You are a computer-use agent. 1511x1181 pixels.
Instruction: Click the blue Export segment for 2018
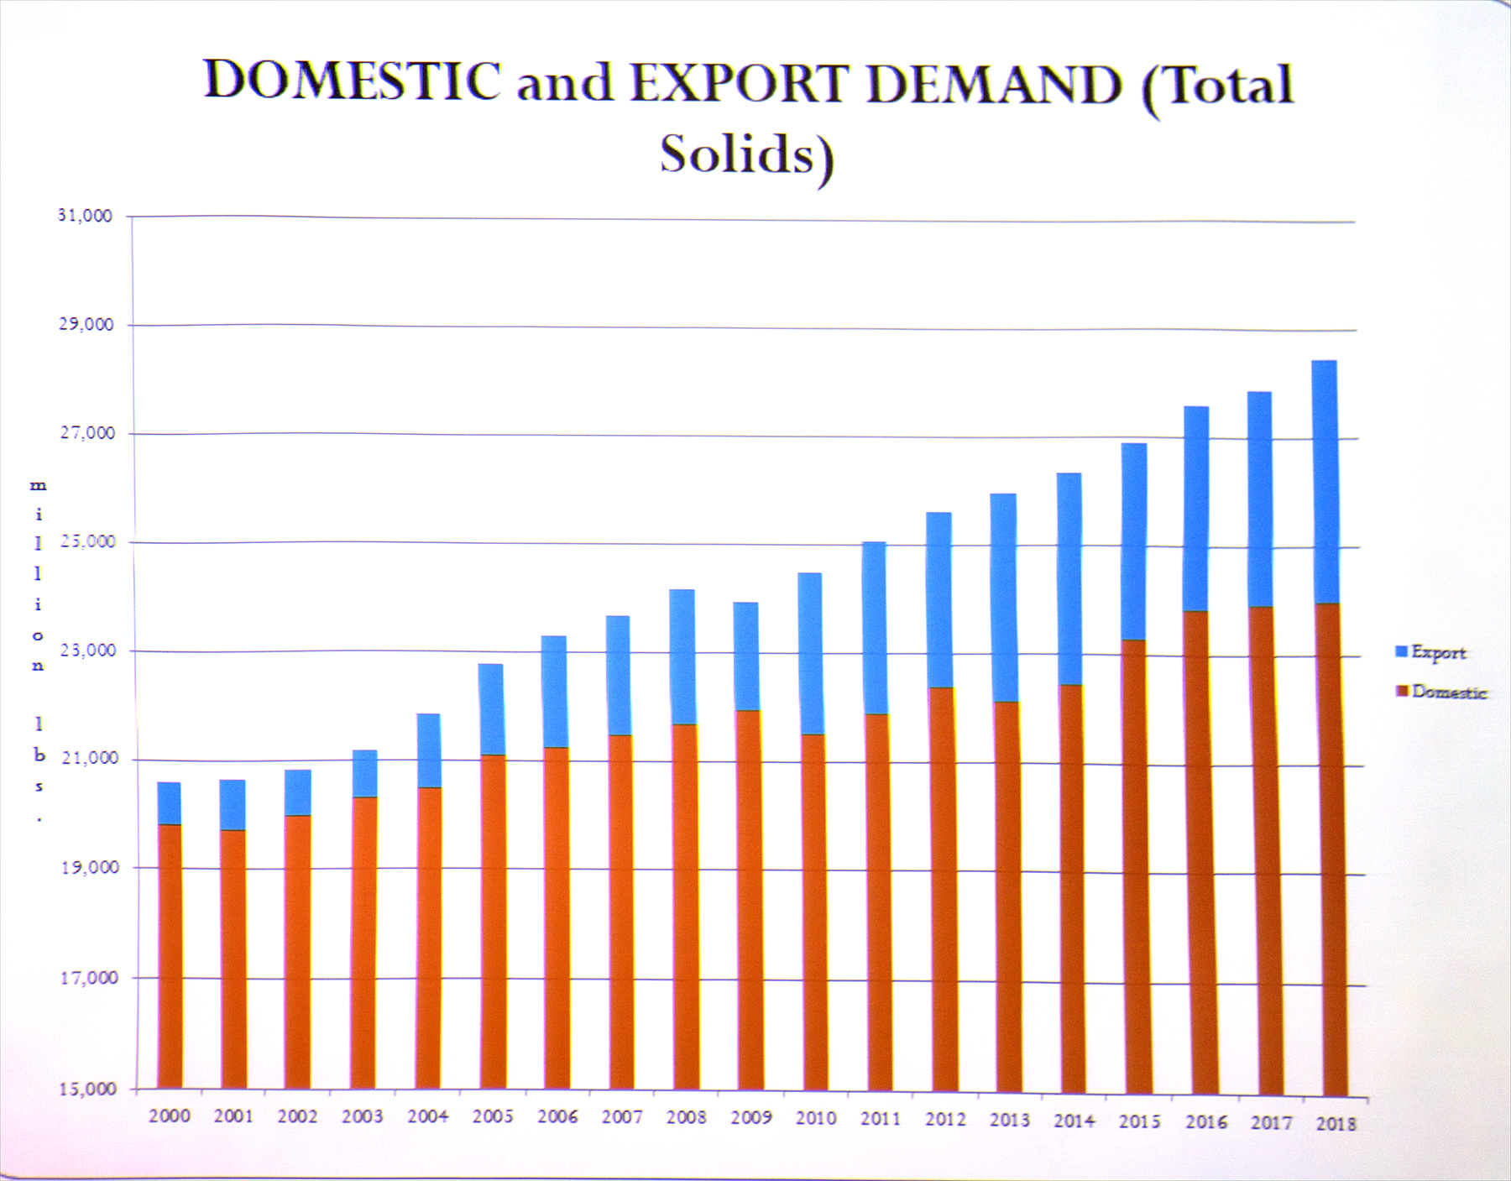(1325, 481)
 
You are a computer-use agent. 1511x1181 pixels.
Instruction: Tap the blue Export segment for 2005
(491, 709)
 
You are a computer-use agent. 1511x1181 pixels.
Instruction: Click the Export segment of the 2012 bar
(938, 599)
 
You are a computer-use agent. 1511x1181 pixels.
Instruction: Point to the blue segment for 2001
(233, 804)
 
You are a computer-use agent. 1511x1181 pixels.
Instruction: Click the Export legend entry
(1437, 652)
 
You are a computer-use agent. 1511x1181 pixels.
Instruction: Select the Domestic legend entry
(1447, 692)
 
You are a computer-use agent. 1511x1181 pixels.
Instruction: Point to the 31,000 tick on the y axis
(85, 216)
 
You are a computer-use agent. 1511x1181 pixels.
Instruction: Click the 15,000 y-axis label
(87, 1089)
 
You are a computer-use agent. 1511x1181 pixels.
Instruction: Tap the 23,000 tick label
(87, 650)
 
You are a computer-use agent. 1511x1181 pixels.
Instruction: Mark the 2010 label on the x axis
(816, 1118)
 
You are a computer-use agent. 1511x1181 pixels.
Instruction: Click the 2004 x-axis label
(427, 1116)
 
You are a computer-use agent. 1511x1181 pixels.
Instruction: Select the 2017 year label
(1271, 1122)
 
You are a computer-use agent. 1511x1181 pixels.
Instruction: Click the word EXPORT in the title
(739, 84)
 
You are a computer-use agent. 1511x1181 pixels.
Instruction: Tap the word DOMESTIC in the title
(353, 81)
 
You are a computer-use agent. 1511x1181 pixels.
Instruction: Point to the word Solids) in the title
(746, 155)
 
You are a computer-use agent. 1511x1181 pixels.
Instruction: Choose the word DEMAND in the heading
(995, 86)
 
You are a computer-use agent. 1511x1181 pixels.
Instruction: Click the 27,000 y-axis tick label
(87, 433)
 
